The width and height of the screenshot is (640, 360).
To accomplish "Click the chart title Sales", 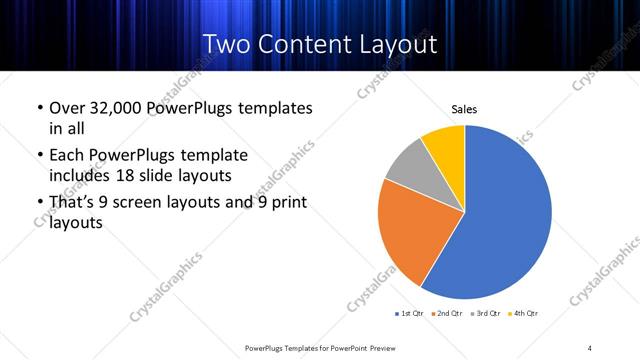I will click(464, 108).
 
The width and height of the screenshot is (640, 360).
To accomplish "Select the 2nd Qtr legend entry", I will click(446, 314).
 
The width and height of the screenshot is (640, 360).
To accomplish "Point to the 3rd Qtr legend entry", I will click(486, 314).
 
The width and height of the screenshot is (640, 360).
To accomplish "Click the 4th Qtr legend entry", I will click(524, 314).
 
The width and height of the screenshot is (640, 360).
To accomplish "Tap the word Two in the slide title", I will click(226, 44).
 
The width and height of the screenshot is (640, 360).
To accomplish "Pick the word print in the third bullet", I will click(286, 204).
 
